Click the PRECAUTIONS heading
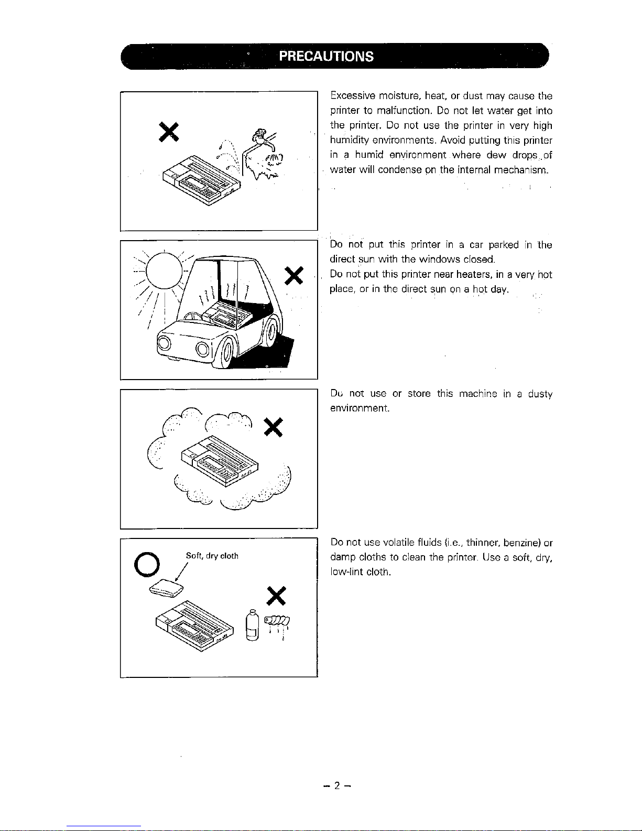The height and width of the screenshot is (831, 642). tap(326, 56)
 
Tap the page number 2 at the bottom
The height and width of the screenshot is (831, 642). tap(338, 785)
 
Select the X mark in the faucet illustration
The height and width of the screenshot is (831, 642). tap(170, 131)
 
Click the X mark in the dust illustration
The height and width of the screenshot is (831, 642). tap(274, 427)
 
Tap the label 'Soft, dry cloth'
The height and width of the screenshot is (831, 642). tap(212, 556)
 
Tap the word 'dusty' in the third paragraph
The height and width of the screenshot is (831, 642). tap(540, 394)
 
